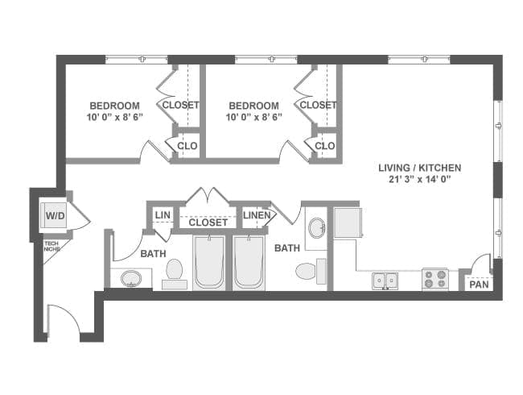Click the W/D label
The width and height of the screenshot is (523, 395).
pyautogui.click(x=55, y=216)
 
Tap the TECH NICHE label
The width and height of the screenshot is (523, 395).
pyautogui.click(x=51, y=247)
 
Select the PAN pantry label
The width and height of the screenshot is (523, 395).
pyautogui.click(x=479, y=285)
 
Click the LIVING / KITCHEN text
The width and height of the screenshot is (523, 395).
pyautogui.click(x=419, y=168)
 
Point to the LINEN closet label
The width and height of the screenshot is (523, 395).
pyautogui.click(x=257, y=215)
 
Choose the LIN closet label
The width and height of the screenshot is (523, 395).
pyautogui.click(x=163, y=215)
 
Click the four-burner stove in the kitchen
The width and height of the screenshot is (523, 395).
pyautogui.click(x=435, y=280)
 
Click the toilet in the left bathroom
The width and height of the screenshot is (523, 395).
pyautogui.click(x=175, y=274)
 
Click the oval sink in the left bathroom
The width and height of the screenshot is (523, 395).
pyautogui.click(x=132, y=278)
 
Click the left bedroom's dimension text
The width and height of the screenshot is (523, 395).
pyautogui.click(x=114, y=118)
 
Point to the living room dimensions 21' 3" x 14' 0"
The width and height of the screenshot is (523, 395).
pyautogui.click(x=419, y=181)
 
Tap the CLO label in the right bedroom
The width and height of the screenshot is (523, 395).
pyautogui.click(x=325, y=146)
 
